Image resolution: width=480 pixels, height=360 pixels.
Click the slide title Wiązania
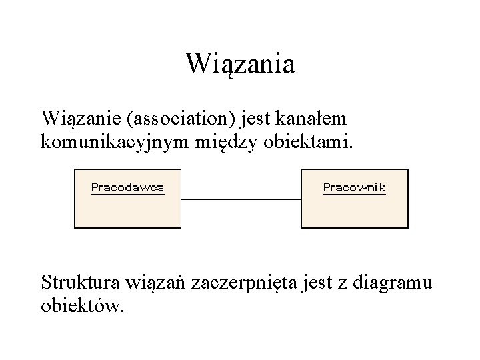(x=240, y=65)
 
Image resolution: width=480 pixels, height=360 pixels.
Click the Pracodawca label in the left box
(x=127, y=187)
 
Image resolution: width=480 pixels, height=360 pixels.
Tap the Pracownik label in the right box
(x=354, y=187)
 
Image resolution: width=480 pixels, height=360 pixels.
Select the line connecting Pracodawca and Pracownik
(x=241, y=199)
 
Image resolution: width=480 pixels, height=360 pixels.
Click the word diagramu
(x=396, y=283)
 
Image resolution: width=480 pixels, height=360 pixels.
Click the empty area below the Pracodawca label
(x=127, y=212)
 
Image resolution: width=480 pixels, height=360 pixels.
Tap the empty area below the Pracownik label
(x=354, y=212)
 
